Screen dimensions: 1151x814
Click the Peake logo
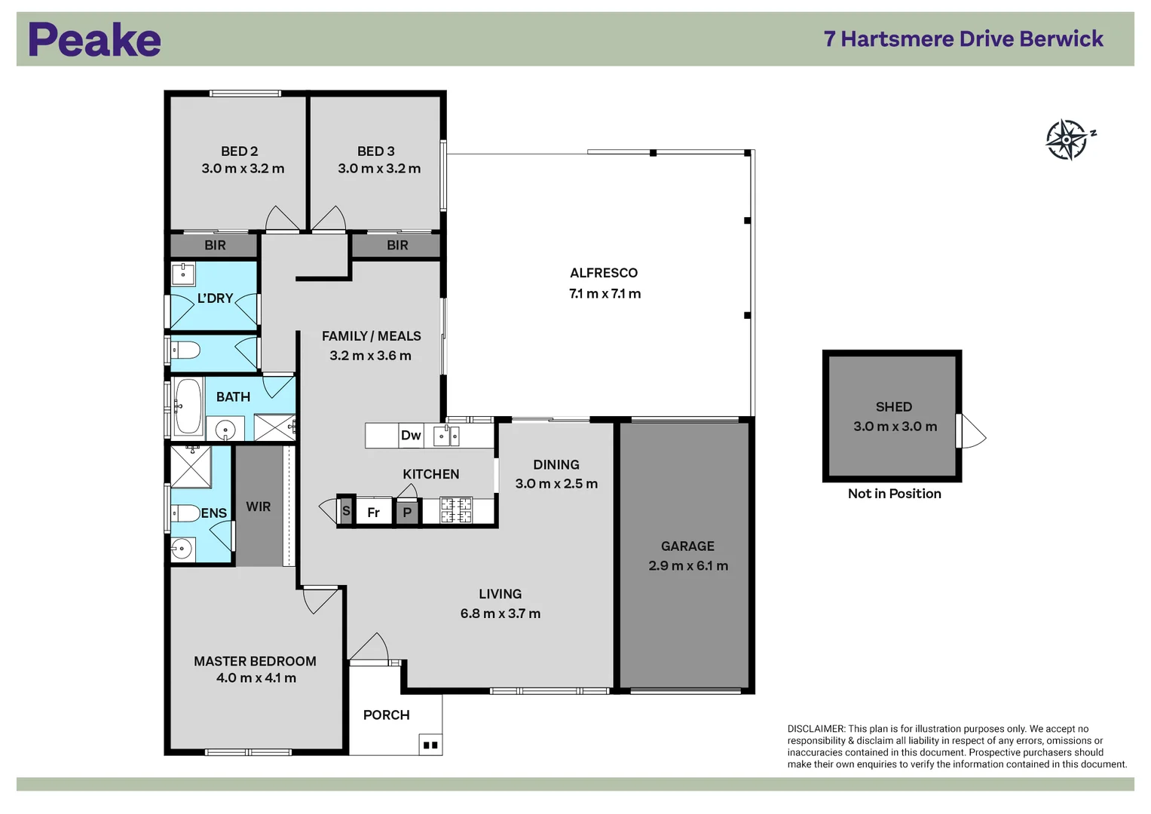click(94, 39)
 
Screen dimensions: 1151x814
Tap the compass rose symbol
click(1069, 139)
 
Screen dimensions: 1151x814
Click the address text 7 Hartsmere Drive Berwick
click(963, 39)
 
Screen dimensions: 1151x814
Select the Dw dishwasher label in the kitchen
click(411, 436)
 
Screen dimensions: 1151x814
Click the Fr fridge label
click(374, 513)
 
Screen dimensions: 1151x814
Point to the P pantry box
click(407, 512)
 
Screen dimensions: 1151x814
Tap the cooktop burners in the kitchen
click(456, 510)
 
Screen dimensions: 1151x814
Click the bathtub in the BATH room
click(188, 407)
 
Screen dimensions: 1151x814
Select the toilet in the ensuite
click(185, 513)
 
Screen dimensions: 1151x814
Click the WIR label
click(258, 506)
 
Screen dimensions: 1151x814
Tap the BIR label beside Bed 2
click(215, 245)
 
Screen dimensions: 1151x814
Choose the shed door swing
click(972, 431)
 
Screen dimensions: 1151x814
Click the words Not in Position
click(894, 494)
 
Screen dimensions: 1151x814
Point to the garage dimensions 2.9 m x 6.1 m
click(688, 566)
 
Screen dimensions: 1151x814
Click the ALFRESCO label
click(604, 273)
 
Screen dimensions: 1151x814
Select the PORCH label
click(387, 715)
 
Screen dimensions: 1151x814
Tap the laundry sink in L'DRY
click(183, 274)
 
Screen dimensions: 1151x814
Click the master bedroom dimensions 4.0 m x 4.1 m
click(256, 678)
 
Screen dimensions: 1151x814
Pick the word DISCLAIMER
click(816, 729)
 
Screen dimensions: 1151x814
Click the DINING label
click(556, 464)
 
